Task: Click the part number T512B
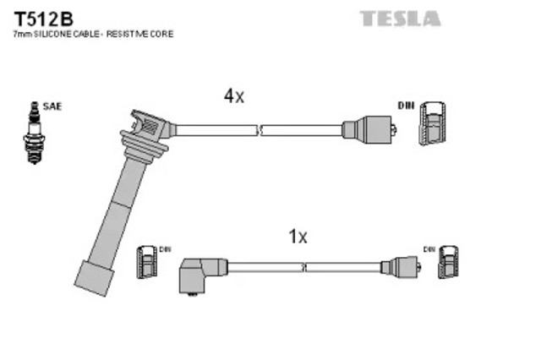pyautogui.click(x=43, y=19)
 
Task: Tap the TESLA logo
pyautogui.click(x=400, y=19)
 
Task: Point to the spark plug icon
pyautogui.click(x=34, y=133)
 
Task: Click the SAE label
pyautogui.click(x=52, y=106)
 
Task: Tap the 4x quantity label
pyautogui.click(x=234, y=95)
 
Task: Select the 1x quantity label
pyautogui.click(x=298, y=237)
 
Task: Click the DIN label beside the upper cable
pyautogui.click(x=406, y=106)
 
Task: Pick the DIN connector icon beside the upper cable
pyautogui.click(x=432, y=123)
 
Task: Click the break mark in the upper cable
pyautogui.click(x=260, y=130)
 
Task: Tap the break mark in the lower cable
pyautogui.click(x=304, y=267)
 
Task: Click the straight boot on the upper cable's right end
pyautogui.click(x=369, y=129)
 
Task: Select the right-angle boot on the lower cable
pyautogui.click(x=202, y=275)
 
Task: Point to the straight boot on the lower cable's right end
pyautogui.click(x=401, y=267)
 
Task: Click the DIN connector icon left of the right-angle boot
pyautogui.click(x=146, y=262)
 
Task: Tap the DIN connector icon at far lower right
pyautogui.click(x=448, y=262)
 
